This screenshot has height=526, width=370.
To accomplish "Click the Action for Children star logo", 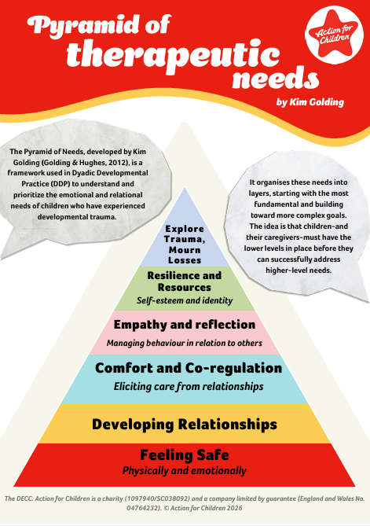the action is tap(334, 35).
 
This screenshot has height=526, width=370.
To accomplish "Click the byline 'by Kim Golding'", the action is tap(310, 102).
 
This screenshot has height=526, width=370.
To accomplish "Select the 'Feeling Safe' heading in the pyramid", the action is tap(185, 455).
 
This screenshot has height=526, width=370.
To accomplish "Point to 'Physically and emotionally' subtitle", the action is tap(185, 471).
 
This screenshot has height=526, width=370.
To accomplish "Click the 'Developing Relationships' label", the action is tap(185, 425).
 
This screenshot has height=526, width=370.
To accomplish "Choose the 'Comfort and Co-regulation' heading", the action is tap(189, 368).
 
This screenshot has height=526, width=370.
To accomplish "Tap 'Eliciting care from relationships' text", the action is tap(189, 387).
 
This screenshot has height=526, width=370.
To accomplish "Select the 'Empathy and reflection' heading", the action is tap(185, 325).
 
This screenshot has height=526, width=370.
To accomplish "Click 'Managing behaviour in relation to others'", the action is tap(185, 343).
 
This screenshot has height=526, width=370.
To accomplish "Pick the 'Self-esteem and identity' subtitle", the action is tap(185, 300).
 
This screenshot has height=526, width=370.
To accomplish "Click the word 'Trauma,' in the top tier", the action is tap(185, 239).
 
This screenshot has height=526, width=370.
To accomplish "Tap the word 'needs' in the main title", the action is tap(276, 78).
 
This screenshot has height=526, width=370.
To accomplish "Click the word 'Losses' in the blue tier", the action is tap(185, 260).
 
